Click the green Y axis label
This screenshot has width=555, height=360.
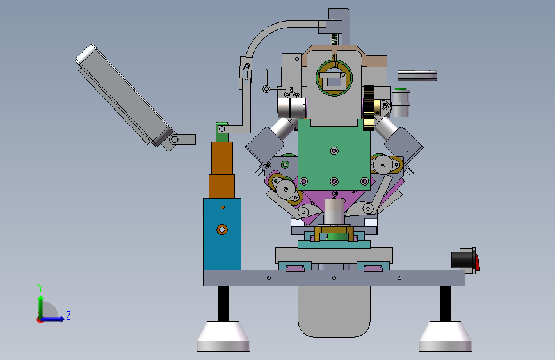pyautogui.click(x=40, y=288)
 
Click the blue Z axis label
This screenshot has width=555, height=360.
pyautogui.click(x=68, y=315)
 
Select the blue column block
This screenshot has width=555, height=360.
pyautogui.click(x=222, y=234)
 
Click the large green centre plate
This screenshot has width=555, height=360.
pyautogui.click(x=334, y=156)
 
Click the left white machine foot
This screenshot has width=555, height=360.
pyautogui.click(x=223, y=336)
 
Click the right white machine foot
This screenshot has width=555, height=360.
pyautogui.click(x=445, y=336)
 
